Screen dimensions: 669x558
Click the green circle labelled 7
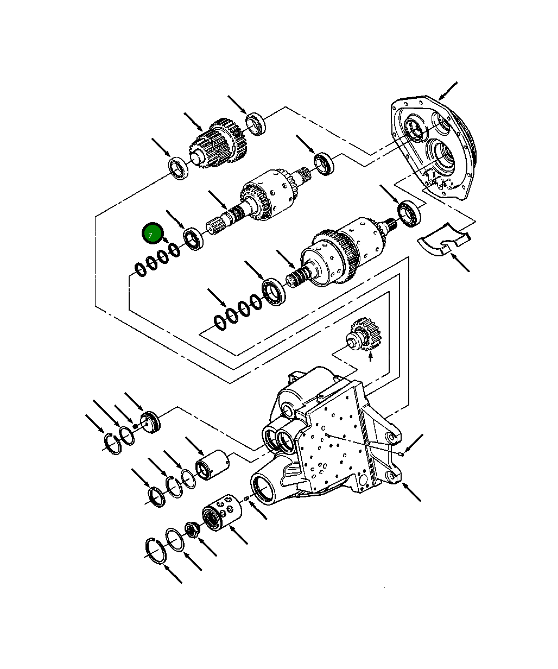click(152, 233)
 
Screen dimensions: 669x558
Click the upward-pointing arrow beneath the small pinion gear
click(371, 356)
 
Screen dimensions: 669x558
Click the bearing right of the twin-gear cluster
click(255, 123)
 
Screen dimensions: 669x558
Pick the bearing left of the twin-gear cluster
click(177, 168)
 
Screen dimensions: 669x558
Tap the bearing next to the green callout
click(193, 239)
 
